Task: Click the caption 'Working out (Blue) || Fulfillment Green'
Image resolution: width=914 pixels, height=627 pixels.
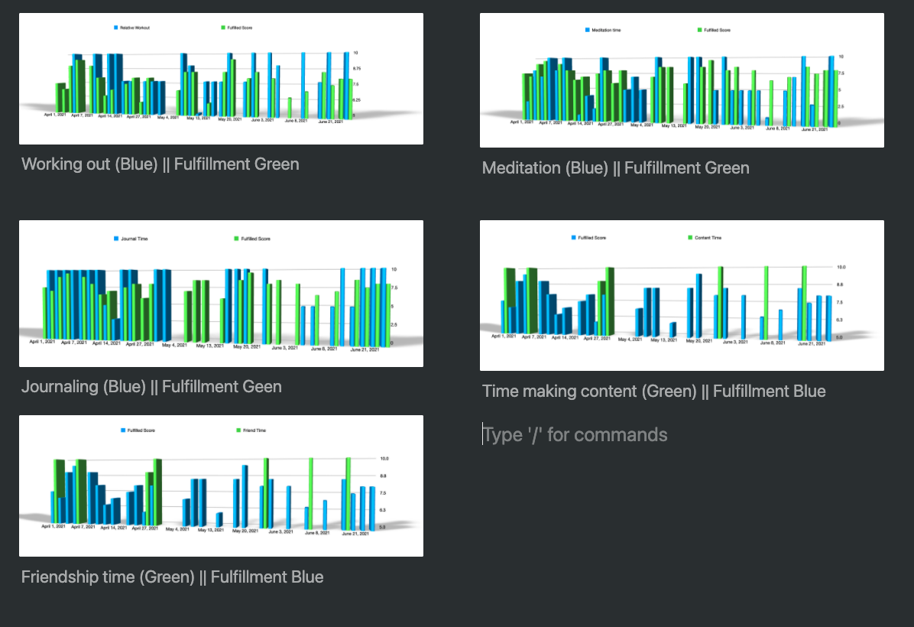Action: point(160,164)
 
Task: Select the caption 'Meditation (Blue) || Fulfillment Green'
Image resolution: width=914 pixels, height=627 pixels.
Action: point(615,168)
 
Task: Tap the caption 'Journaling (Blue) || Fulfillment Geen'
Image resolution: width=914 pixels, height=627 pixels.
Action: point(151,387)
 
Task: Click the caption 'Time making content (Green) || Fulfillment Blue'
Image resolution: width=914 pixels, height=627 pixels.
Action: point(653,391)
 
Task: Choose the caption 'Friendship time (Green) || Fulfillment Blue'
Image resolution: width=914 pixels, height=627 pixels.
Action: point(172,577)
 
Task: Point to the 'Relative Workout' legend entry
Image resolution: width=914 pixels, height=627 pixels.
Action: point(133,28)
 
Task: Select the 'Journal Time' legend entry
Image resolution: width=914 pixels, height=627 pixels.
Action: point(133,239)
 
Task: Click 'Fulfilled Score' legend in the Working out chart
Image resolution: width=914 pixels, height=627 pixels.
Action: point(238,28)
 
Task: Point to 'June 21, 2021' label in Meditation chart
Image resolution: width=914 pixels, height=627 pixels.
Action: point(814,128)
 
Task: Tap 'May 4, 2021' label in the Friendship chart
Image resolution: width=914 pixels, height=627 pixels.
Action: point(177,528)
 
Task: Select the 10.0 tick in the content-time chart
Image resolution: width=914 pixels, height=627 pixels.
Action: point(841,268)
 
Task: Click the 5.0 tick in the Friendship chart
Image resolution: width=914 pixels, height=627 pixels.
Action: point(383,528)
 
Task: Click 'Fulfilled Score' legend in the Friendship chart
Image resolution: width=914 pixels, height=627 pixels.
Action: point(140,430)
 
